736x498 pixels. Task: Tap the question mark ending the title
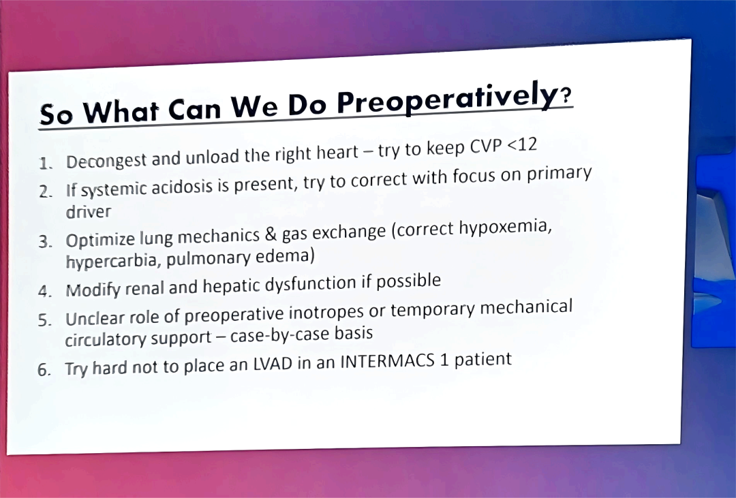pos(566,95)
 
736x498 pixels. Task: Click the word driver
pos(88,212)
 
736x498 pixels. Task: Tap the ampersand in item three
pos(271,234)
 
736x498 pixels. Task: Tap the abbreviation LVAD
pos(273,364)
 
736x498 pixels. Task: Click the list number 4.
pos(44,292)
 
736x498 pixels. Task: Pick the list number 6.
pos(44,370)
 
